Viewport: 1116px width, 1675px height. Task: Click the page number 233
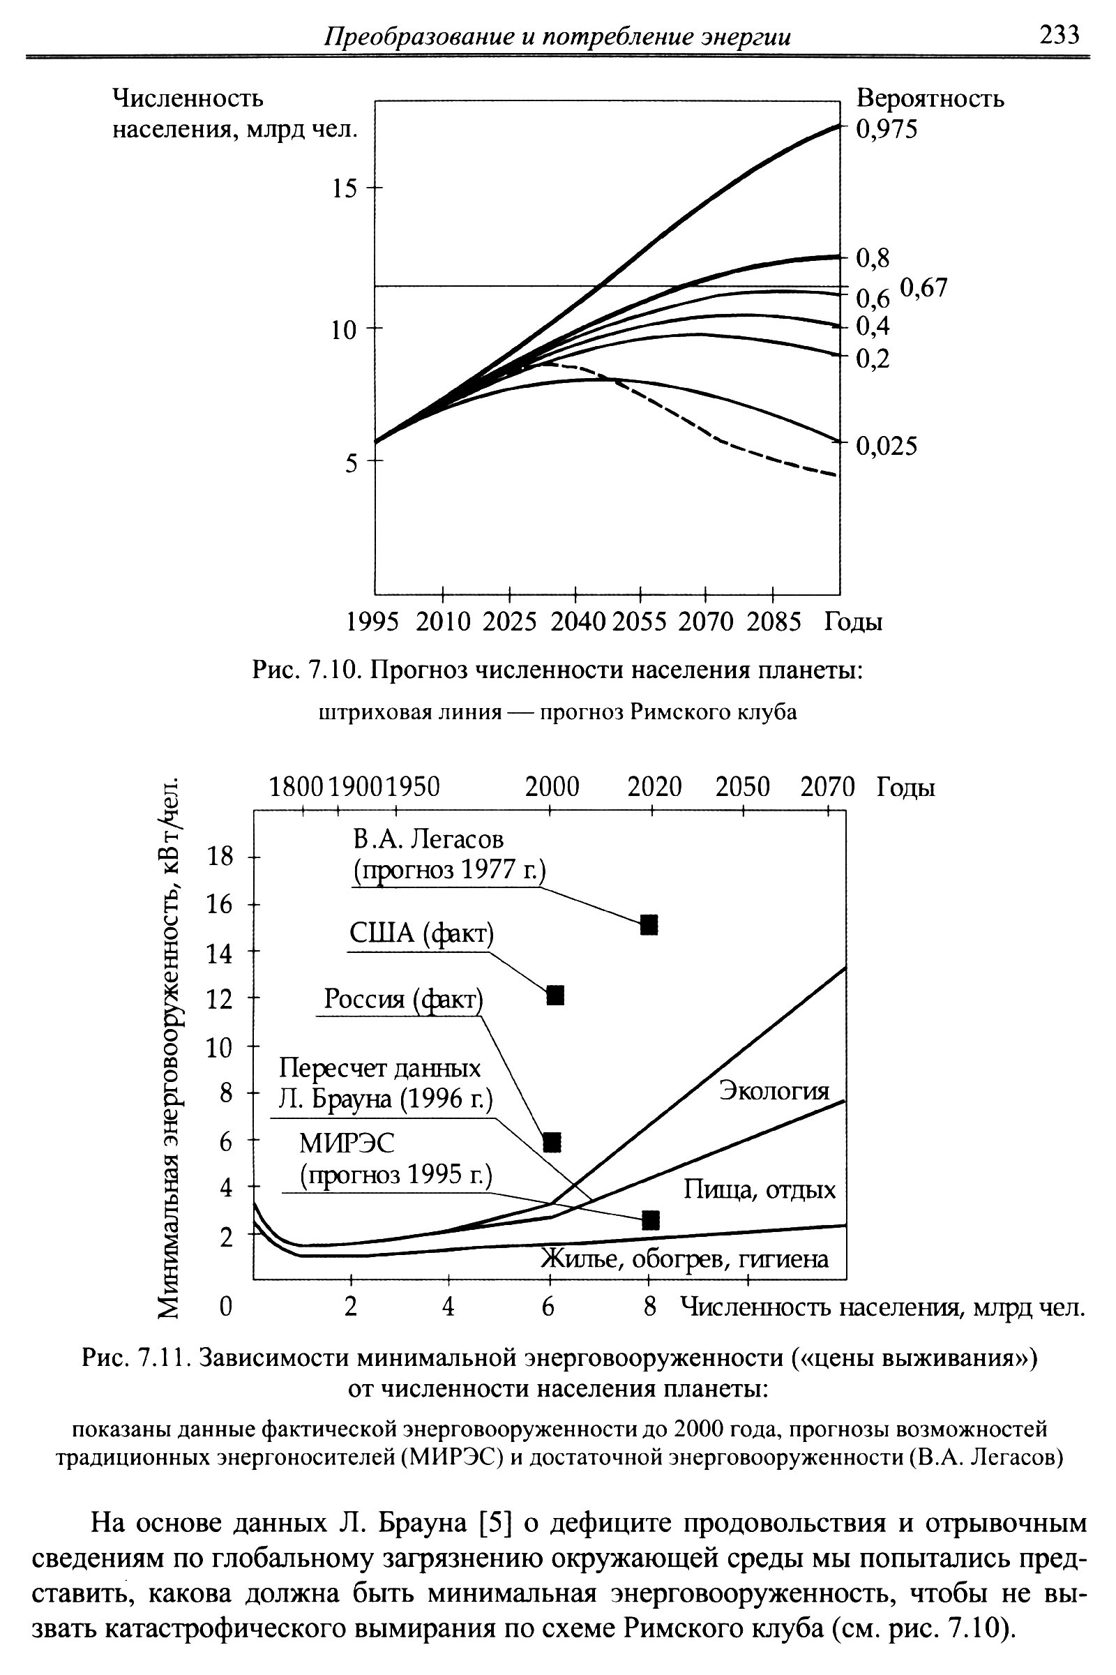tap(1059, 34)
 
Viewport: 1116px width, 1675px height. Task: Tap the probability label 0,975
tap(887, 129)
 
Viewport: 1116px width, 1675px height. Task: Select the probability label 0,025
tap(887, 446)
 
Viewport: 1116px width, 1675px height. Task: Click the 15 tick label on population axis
tap(345, 188)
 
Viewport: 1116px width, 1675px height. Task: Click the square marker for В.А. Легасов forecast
tap(649, 924)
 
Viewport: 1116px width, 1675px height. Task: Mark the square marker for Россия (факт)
tap(552, 1142)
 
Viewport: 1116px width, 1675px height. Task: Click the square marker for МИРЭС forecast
tap(651, 1220)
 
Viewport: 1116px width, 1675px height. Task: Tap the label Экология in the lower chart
tap(774, 1090)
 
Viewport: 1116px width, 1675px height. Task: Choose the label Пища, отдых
tap(760, 1189)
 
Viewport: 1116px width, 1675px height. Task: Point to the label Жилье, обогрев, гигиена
tap(685, 1259)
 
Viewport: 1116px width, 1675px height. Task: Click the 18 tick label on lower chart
tap(219, 857)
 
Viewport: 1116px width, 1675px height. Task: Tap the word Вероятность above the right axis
tap(930, 98)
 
